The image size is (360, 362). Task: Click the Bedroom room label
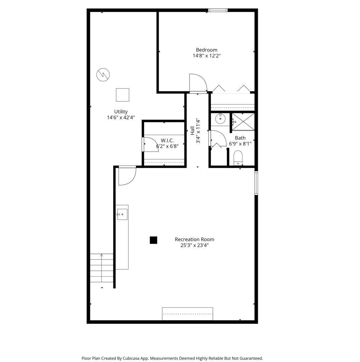click(206, 50)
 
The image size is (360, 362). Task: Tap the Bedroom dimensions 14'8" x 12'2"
click(207, 56)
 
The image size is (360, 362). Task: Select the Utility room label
click(121, 112)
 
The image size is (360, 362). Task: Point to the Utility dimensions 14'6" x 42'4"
click(121, 118)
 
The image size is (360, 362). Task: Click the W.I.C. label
click(167, 140)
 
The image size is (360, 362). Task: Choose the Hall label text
click(192, 131)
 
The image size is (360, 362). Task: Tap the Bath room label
click(240, 138)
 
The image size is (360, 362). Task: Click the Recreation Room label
click(195, 239)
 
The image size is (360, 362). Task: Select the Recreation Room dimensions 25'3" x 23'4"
click(195, 245)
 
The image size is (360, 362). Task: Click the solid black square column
click(153, 240)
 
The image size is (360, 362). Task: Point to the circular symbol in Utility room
click(103, 75)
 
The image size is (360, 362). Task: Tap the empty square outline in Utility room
click(123, 95)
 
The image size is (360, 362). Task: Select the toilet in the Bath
click(238, 158)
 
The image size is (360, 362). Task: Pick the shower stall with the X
click(243, 122)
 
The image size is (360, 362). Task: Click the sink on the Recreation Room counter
click(122, 214)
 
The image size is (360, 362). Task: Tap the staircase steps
click(101, 268)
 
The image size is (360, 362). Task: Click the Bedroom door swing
click(198, 83)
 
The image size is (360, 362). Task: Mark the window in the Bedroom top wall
click(218, 10)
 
